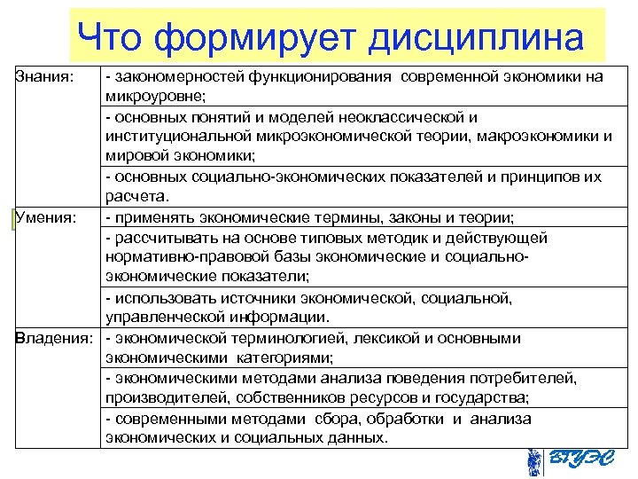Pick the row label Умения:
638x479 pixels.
click(44, 217)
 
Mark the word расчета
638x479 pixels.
click(133, 197)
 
